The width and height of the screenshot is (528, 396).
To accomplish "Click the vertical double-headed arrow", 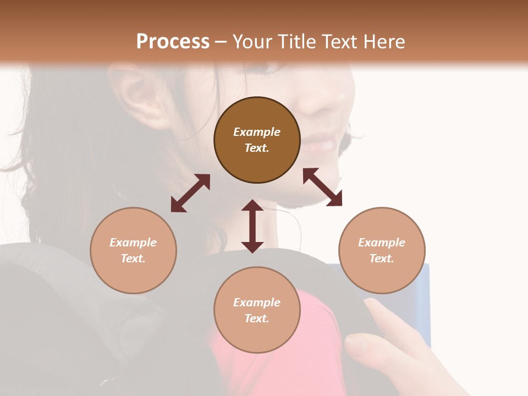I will tap(252, 226).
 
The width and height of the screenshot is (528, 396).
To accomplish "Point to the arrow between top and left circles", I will tap(190, 193).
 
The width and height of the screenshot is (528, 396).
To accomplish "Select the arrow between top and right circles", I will tap(322, 187).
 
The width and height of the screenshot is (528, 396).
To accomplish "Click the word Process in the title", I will tap(173, 41).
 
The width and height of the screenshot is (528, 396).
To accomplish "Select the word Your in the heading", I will tap(251, 41).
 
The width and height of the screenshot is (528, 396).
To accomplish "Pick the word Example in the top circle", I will tap(257, 132).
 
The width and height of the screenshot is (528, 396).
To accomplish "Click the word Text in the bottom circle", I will tap(257, 318).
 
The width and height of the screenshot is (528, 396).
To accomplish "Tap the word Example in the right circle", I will tap(382, 243).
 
